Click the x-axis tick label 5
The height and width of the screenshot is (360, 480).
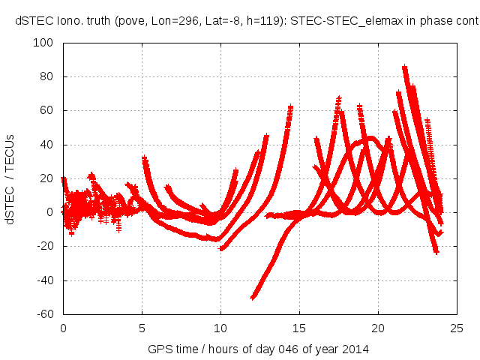pos(142,327)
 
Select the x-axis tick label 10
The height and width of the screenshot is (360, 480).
pos(220,327)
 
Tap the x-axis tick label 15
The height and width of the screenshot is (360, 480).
pos(299,327)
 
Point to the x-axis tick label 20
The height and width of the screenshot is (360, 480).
pos(378,327)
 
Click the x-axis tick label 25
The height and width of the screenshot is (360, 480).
pos(457,327)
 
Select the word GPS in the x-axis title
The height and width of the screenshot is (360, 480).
pos(159,349)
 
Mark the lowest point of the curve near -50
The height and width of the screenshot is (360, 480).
pos(253,297)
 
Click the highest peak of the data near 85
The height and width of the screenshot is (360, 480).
pos(405,67)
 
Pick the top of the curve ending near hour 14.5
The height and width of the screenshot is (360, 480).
pos(291,107)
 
